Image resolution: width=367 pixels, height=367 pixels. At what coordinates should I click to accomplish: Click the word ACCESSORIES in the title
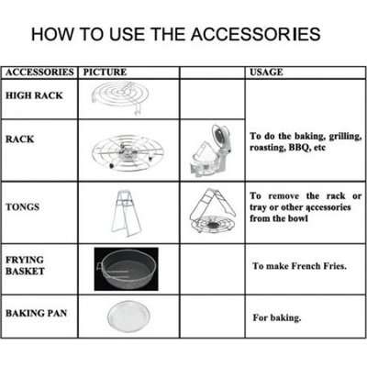coord(256,34)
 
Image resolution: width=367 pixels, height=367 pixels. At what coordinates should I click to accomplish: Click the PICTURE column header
coord(105,72)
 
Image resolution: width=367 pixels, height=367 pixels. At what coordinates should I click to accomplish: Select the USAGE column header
coord(266,72)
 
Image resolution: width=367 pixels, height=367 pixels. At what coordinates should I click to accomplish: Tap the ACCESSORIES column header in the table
coord(39,72)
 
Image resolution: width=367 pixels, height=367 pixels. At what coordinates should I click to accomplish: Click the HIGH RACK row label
coord(34,95)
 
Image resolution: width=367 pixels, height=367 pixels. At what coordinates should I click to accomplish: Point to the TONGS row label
coord(22,207)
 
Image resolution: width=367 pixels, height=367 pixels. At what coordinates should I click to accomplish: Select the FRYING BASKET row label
coord(25,265)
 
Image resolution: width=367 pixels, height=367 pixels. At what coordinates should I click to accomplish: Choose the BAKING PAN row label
coord(36,313)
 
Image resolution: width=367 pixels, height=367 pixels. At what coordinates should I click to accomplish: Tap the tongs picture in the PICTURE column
coord(126,214)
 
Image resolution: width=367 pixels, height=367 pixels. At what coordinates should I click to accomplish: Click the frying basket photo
coord(127,269)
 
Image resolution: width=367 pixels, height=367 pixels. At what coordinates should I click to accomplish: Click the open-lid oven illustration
coord(213,150)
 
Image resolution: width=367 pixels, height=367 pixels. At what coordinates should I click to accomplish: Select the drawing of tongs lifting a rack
coord(213,212)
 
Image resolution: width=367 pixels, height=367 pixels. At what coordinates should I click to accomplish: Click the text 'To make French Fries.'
coord(299,266)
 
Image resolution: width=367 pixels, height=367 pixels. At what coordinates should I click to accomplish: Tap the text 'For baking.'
coord(277,317)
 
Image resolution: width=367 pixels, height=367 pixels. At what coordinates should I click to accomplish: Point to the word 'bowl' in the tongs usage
coord(298,218)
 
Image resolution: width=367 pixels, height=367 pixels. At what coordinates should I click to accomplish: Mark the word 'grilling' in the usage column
coord(345,137)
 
